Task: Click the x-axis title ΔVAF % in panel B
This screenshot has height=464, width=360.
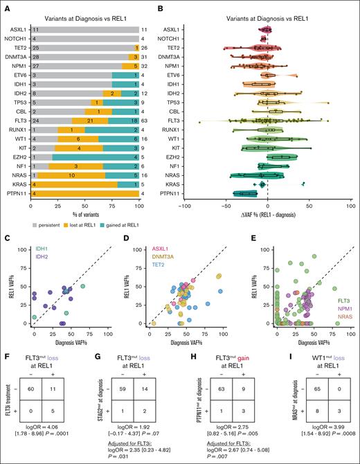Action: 267,216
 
